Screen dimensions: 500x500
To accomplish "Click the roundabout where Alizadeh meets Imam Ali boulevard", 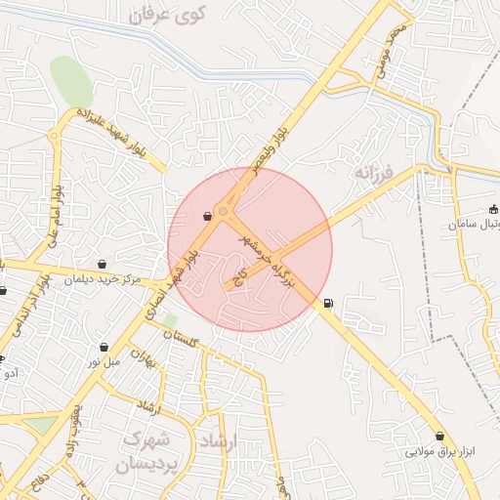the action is pos(53,137).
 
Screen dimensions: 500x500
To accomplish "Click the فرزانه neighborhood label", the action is pos(372,175).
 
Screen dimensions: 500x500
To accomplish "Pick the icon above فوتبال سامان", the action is pos(492,208).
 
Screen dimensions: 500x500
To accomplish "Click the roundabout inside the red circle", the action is pos(224,212).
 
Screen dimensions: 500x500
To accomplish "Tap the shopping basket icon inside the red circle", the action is pos(207,217).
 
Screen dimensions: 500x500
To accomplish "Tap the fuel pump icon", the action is pos(327,302).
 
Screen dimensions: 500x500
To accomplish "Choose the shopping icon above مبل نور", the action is pos(104,346).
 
